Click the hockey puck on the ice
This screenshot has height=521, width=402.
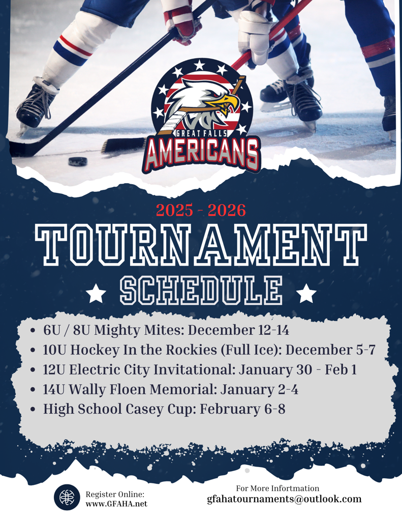click(78, 161)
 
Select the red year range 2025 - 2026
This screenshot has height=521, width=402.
click(201, 210)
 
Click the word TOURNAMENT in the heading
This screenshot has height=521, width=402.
click(201, 245)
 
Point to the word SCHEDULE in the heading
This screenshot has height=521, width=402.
click(201, 292)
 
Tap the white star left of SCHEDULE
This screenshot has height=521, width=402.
click(96, 294)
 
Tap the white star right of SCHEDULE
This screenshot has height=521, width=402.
click(306, 294)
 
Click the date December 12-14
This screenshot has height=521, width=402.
click(238, 330)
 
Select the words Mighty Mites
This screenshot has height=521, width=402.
click(139, 330)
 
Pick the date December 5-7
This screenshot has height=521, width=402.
click(330, 350)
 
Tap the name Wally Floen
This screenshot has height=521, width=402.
click(108, 389)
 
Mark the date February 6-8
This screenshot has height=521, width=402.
click(242, 409)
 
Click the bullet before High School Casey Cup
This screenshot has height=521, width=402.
click(33, 410)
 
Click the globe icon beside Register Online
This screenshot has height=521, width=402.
click(67, 497)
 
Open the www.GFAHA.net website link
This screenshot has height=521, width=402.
click(116, 504)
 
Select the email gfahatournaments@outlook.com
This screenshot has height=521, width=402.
click(284, 499)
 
